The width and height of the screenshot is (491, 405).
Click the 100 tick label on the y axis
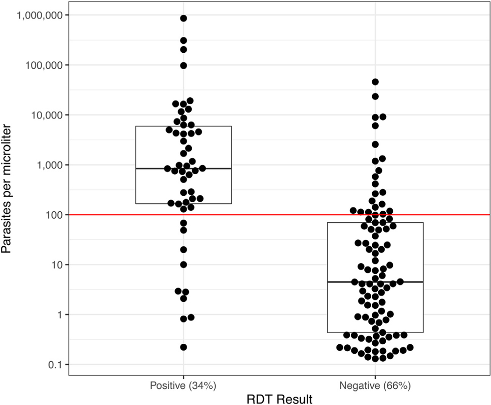point(55,215)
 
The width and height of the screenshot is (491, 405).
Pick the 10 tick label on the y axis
point(58,265)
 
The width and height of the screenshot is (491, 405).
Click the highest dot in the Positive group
point(184,18)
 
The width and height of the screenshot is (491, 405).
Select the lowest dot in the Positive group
point(184,347)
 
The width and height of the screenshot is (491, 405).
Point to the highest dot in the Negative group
point(375,82)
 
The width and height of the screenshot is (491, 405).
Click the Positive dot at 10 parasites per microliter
point(184,264)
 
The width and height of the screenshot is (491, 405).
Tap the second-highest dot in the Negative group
point(375,97)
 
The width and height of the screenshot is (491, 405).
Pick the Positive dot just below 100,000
point(184,65)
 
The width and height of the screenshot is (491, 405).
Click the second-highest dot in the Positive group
point(184,41)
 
